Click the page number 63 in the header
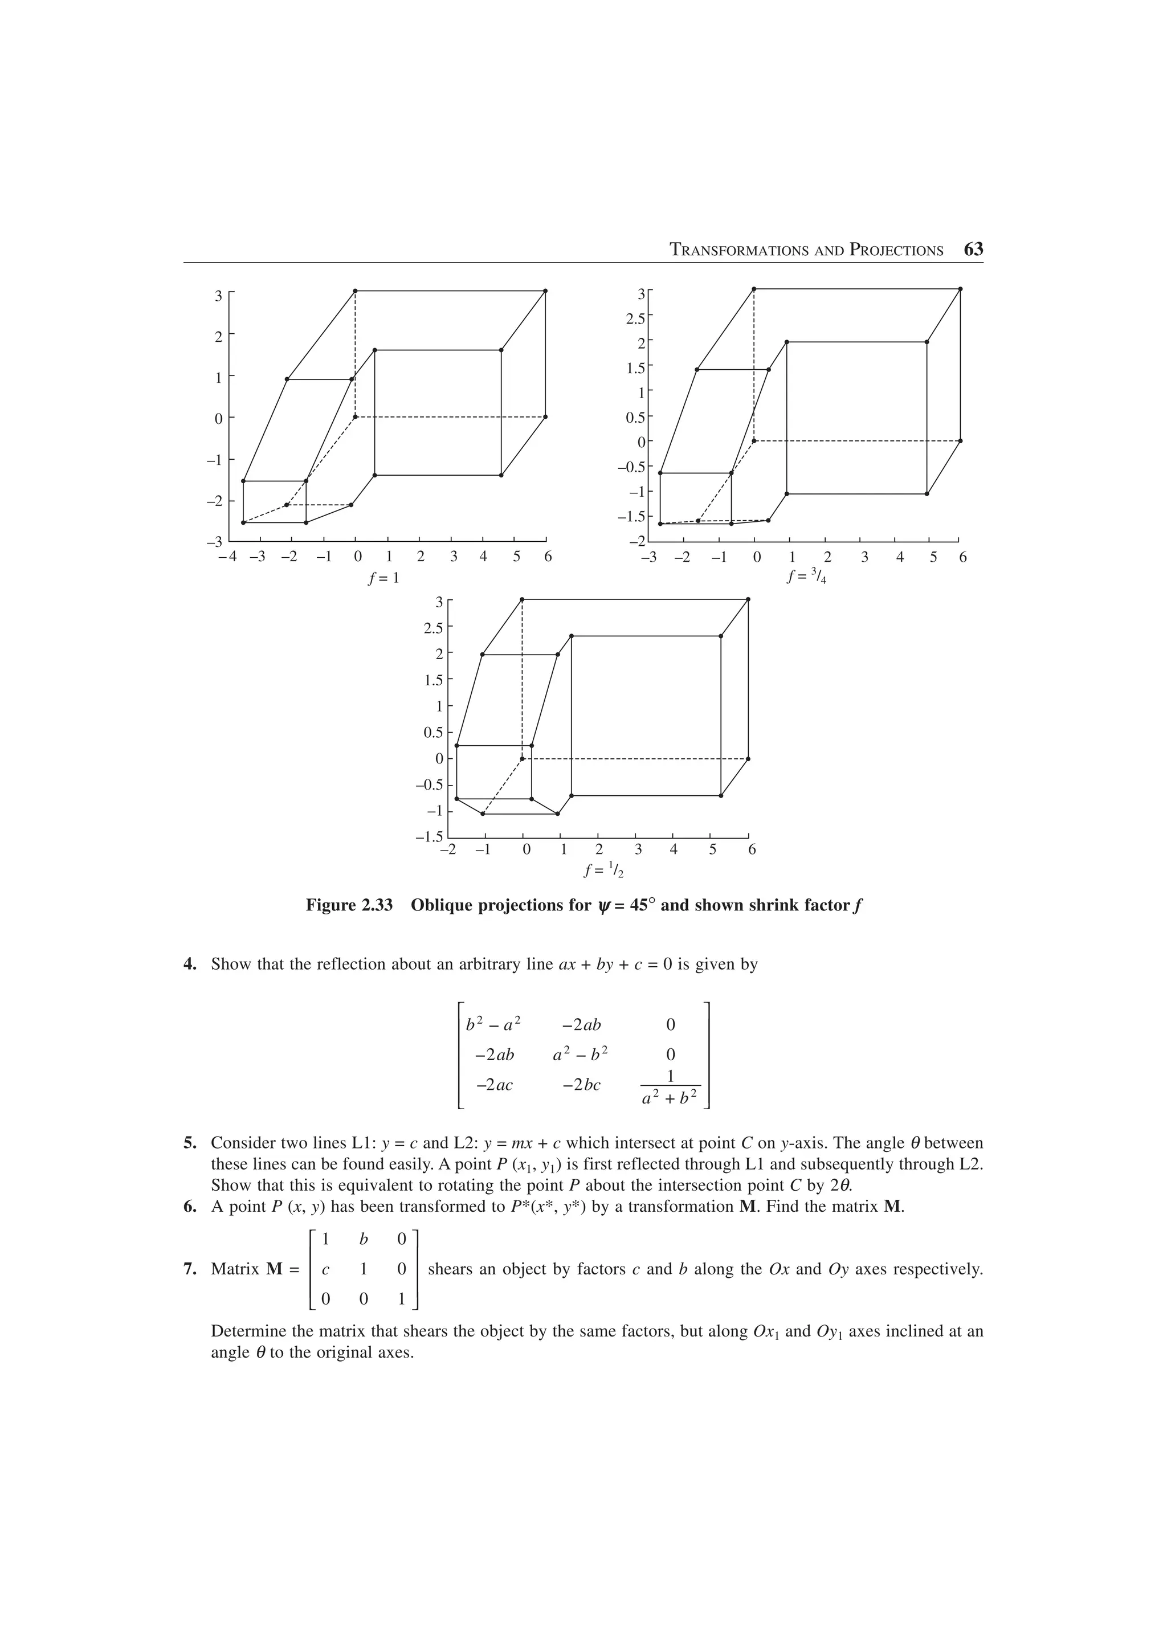point(973,250)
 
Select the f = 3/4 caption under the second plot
point(806,577)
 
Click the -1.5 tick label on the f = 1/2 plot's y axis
point(429,837)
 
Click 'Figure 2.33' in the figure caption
point(349,905)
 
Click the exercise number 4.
point(190,965)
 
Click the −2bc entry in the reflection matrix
point(581,1084)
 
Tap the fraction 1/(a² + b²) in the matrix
point(670,1086)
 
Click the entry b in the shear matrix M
point(363,1239)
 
